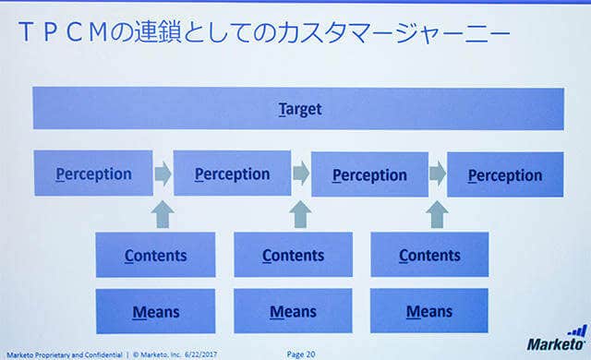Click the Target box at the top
(298, 108)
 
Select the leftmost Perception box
(93, 174)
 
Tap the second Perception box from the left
(232, 174)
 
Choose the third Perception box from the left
(369, 174)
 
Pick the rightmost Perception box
(505, 174)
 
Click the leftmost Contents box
(156, 255)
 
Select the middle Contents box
(294, 255)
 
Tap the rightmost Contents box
(429, 255)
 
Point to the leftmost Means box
(156, 311)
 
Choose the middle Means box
(294, 311)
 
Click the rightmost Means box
(429, 311)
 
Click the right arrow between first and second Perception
(163, 174)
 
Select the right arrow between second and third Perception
(301, 174)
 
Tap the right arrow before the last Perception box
(438, 174)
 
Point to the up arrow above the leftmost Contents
(163, 215)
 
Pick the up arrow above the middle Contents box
(300, 215)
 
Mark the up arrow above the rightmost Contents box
(437, 215)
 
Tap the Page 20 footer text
(301, 354)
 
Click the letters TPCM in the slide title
(63, 32)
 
